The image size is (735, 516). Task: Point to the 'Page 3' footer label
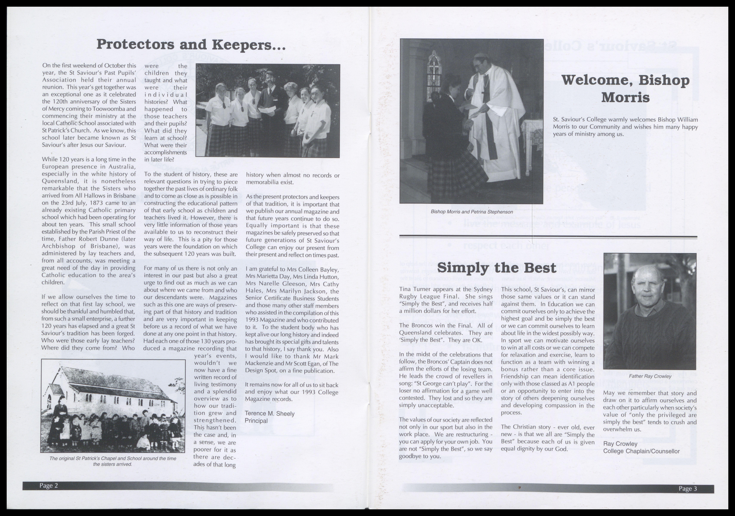click(x=688, y=488)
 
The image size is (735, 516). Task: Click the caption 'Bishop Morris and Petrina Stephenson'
click(x=472, y=212)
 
